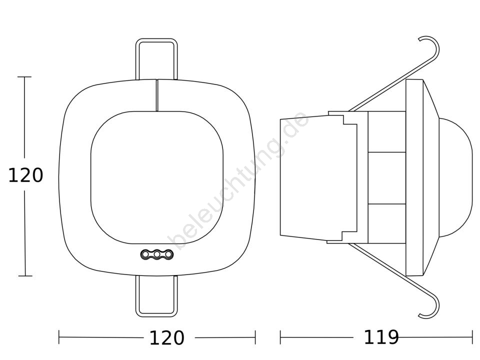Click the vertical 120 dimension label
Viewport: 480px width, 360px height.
pyautogui.click(x=25, y=175)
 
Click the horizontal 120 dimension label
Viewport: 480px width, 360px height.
pyautogui.click(x=167, y=338)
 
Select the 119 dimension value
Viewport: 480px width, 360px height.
pyautogui.click(x=381, y=337)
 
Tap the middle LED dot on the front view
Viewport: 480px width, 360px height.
pyautogui.click(x=157, y=254)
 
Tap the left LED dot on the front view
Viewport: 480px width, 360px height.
pyautogui.click(x=145, y=254)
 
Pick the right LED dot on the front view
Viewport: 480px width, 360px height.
pyautogui.click(x=168, y=254)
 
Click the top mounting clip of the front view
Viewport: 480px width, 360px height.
pyautogui.click(x=156, y=40)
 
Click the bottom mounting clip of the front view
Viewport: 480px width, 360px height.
pyautogui.click(x=156, y=315)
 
